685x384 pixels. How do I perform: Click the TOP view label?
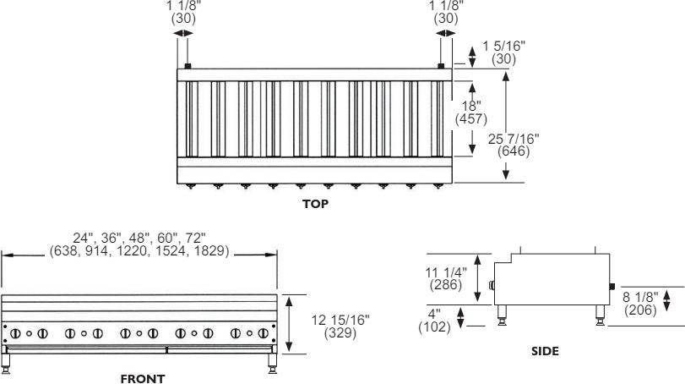click(x=315, y=204)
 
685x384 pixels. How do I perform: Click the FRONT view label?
click(x=143, y=379)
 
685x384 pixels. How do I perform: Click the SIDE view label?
click(x=545, y=350)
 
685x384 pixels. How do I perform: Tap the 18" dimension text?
click(x=470, y=105)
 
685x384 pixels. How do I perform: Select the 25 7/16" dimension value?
click(x=514, y=139)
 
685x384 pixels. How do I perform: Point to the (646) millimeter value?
click(x=514, y=152)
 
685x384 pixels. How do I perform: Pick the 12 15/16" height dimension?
click(x=340, y=319)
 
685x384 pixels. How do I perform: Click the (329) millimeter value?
click(x=340, y=332)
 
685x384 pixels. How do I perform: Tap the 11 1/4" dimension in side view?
click(x=444, y=272)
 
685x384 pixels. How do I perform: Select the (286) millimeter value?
click(x=444, y=285)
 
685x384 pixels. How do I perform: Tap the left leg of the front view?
click(x=7, y=363)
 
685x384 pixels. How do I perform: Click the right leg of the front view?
click(x=272, y=363)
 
